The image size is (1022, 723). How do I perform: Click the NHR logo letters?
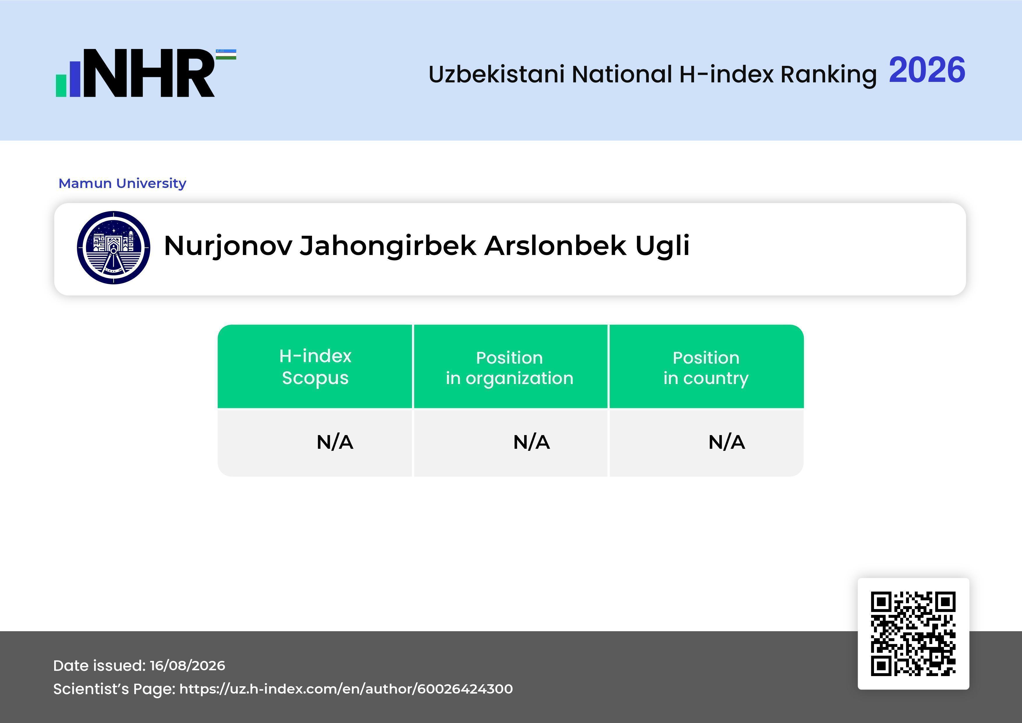149,73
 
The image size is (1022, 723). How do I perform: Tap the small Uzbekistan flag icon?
226,54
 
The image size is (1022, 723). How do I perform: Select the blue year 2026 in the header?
927,70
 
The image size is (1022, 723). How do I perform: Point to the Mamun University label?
122,183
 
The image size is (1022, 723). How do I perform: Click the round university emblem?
114,247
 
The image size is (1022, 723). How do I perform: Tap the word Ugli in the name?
662,246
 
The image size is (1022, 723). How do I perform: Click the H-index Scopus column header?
315,367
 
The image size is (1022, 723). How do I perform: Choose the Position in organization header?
510,368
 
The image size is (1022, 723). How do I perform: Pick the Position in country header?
706,368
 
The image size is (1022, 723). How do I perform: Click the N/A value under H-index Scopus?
335,442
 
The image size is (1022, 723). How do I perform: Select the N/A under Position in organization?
531,442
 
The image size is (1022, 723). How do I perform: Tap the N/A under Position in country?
726,442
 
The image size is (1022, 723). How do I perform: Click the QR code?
913,634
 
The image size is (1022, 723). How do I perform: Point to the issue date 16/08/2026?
187,666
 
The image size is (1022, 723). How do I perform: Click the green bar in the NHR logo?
61,85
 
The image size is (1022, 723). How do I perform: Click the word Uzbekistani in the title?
497,74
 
